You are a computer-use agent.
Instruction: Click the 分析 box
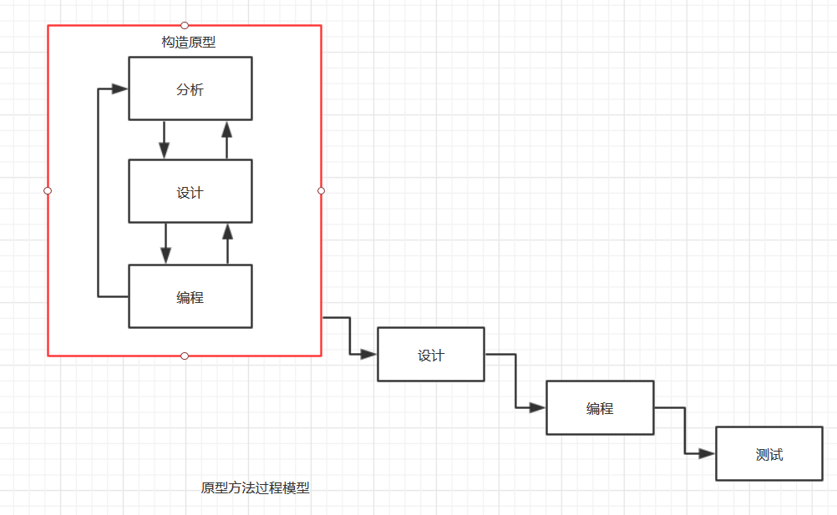(190, 88)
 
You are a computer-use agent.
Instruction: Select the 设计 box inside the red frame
(190, 191)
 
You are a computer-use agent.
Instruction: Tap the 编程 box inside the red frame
(190, 296)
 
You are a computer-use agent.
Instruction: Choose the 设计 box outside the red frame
(430, 355)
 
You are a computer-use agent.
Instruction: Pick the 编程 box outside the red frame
(599, 408)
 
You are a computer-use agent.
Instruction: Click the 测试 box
(769, 454)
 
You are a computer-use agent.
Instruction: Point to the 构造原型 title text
(188, 42)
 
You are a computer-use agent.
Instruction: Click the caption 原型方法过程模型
(255, 488)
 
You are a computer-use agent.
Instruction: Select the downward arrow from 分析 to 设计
(164, 139)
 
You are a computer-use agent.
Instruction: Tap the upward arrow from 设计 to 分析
(226, 139)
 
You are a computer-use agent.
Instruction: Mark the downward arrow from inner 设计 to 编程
(165, 244)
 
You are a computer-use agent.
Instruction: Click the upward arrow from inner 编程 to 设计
(226, 244)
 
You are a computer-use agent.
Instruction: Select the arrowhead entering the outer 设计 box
(368, 355)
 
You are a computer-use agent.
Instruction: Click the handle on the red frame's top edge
(185, 25)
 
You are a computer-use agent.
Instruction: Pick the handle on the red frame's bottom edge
(185, 356)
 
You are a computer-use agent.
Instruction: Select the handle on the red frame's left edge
(48, 191)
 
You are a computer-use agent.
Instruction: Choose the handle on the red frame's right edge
(322, 191)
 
